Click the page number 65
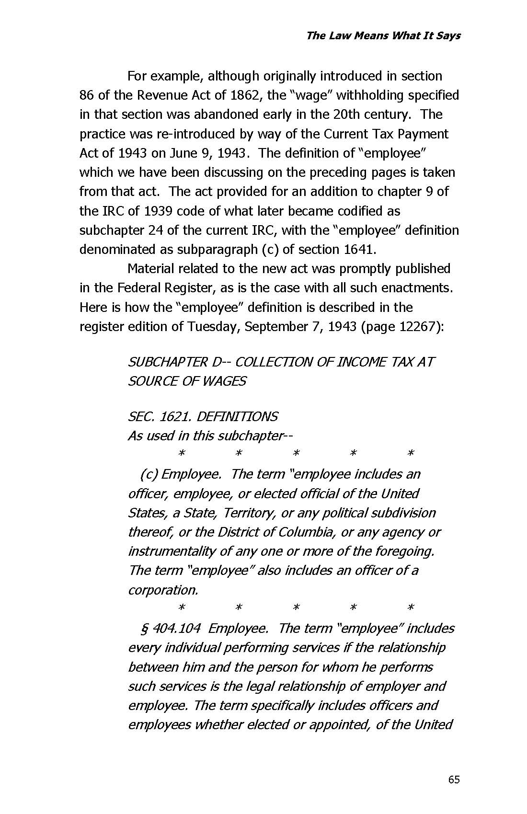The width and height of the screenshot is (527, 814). click(x=454, y=780)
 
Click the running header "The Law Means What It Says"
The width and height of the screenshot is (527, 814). click(x=383, y=35)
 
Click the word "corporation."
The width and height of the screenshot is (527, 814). click(x=163, y=590)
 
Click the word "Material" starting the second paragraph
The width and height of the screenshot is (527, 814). click(x=152, y=269)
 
